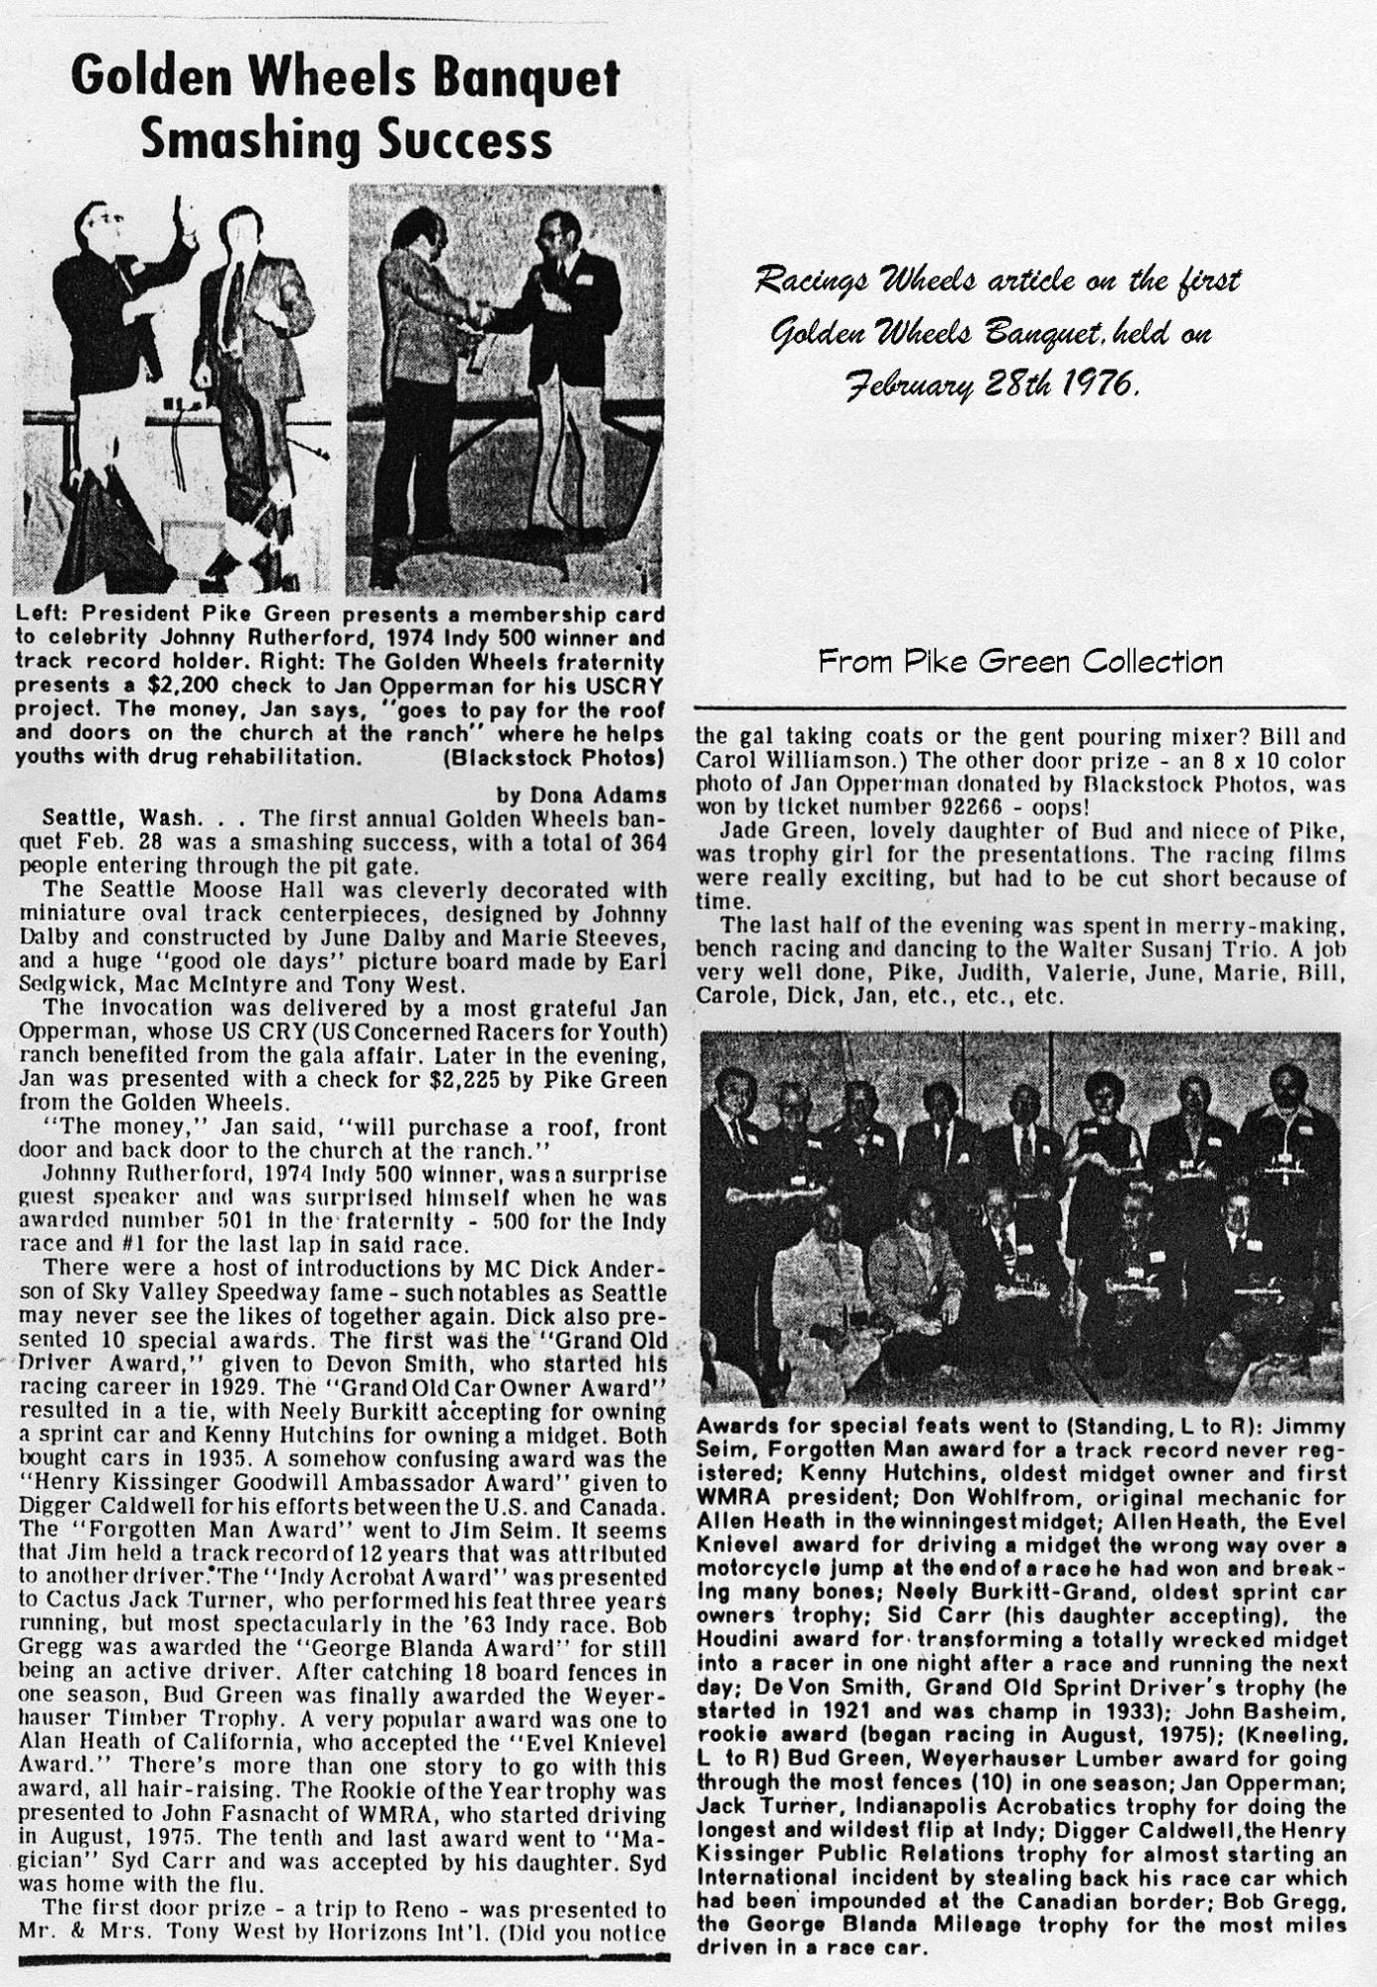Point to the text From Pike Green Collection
[1019, 661]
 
